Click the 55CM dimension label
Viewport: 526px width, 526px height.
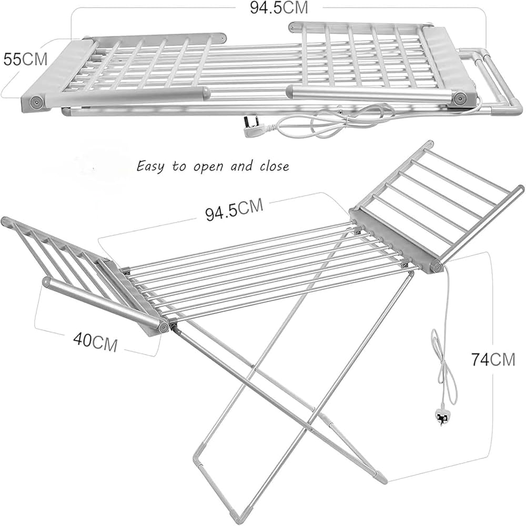click(x=25, y=59)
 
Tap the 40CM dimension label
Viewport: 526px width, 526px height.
click(x=95, y=341)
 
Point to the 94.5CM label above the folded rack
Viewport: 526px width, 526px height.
click(x=278, y=8)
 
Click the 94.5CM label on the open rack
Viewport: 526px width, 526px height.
click(x=234, y=210)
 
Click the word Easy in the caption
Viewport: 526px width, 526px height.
click(x=150, y=167)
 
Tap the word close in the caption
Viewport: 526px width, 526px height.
click(x=274, y=166)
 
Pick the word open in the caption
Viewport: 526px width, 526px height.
click(x=208, y=167)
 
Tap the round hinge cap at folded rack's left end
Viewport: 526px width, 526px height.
click(x=35, y=102)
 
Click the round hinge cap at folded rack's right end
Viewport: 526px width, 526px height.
click(x=459, y=98)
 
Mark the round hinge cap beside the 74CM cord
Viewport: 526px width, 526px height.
click(x=437, y=267)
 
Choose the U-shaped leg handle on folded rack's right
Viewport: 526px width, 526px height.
click(x=493, y=80)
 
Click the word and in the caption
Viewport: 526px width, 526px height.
click(x=241, y=166)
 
